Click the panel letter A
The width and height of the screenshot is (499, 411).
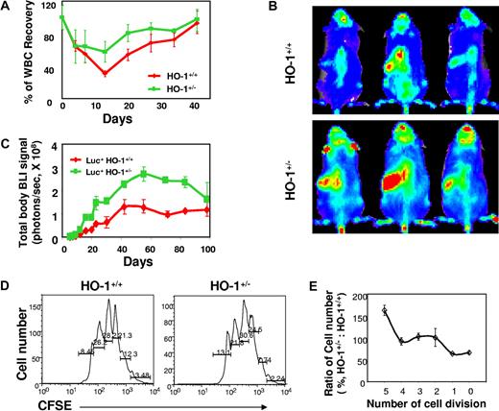[7, 8]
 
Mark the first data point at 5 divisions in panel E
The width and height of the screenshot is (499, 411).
[385, 310]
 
